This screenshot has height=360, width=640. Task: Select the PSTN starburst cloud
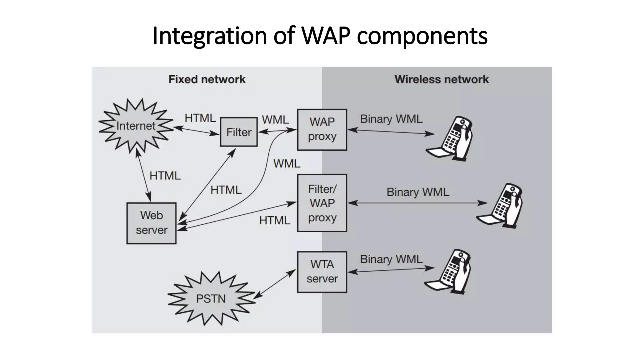click(211, 298)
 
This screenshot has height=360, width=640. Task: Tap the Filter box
click(239, 132)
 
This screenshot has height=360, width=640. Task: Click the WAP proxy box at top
click(322, 129)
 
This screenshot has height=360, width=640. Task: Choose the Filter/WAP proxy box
click(322, 203)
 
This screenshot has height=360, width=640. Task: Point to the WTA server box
click(322, 272)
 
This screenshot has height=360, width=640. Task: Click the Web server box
click(152, 223)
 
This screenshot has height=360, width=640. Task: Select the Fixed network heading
click(207, 79)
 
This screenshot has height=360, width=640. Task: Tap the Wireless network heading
click(441, 79)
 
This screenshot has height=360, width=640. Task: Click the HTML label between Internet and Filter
click(200, 118)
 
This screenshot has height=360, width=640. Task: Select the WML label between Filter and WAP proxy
click(275, 120)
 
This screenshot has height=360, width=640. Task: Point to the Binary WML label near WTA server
click(391, 259)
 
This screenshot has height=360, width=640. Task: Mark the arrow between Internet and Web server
click(143, 175)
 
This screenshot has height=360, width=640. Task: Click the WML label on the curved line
click(287, 163)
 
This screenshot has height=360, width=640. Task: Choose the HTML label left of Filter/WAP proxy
click(274, 221)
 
